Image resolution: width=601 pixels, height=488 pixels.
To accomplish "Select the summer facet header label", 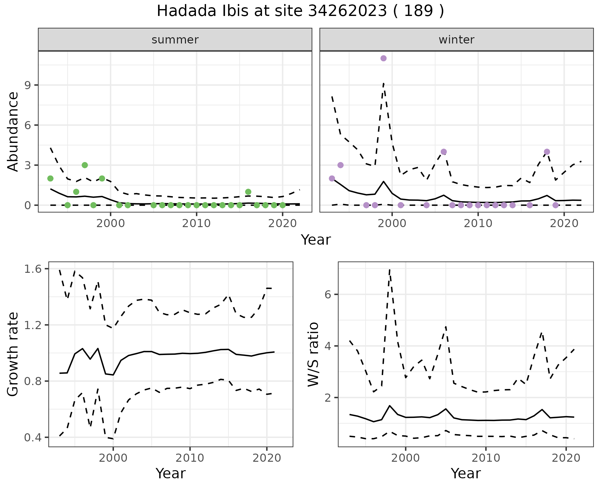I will point(175,40).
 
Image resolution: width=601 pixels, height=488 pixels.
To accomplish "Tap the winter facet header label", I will point(456,40).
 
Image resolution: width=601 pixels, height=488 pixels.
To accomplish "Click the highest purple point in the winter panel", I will point(383,58).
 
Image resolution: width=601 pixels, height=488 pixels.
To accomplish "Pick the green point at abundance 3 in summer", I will point(85,165).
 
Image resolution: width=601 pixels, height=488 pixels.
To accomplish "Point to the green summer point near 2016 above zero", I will point(248,192).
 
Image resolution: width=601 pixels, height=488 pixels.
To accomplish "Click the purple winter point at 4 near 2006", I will point(444,152).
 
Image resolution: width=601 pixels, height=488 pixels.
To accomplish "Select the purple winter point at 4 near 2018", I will point(547,152).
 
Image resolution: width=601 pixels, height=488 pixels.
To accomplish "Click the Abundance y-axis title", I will point(13,131).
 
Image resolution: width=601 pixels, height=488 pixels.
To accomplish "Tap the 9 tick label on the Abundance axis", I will point(27,85).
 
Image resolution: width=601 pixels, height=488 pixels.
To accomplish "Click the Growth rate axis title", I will point(13,354).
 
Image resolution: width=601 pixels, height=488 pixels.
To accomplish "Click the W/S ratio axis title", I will point(313,354).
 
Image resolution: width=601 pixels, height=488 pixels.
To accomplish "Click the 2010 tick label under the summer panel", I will point(196,223).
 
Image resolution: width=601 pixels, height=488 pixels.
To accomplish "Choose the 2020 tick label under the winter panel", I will point(564,223).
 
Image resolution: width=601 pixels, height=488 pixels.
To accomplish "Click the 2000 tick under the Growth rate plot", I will point(113,458).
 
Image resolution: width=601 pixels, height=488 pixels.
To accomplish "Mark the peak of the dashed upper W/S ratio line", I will point(389,269).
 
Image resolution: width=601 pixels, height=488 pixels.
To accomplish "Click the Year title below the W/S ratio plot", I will point(465,474).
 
